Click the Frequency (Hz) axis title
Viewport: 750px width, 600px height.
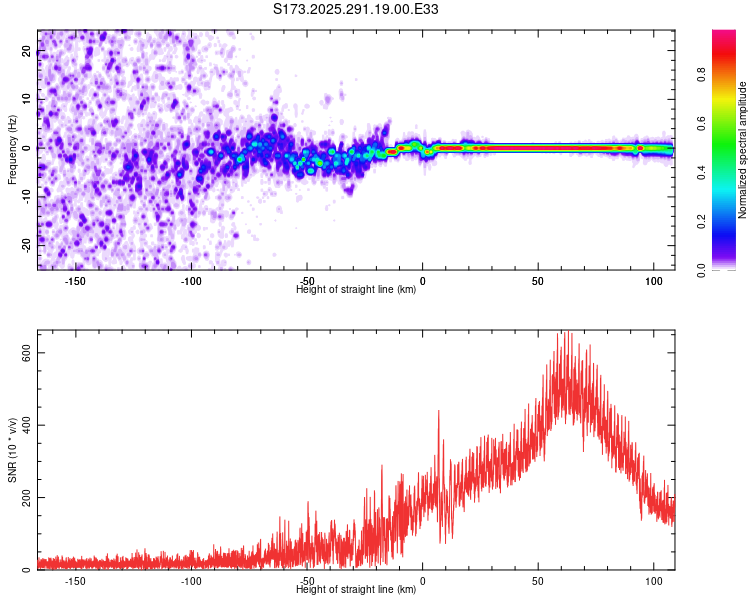13,149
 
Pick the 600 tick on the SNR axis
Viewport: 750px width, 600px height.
28,353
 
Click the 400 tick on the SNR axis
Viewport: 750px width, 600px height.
28,426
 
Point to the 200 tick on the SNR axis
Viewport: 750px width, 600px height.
28,498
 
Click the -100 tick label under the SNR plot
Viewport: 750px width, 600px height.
191,581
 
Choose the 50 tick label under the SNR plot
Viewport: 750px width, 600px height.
538,581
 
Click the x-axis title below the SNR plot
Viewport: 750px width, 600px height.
356,590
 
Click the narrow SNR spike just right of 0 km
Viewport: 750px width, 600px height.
438,412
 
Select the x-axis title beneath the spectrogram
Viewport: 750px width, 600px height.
356,290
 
